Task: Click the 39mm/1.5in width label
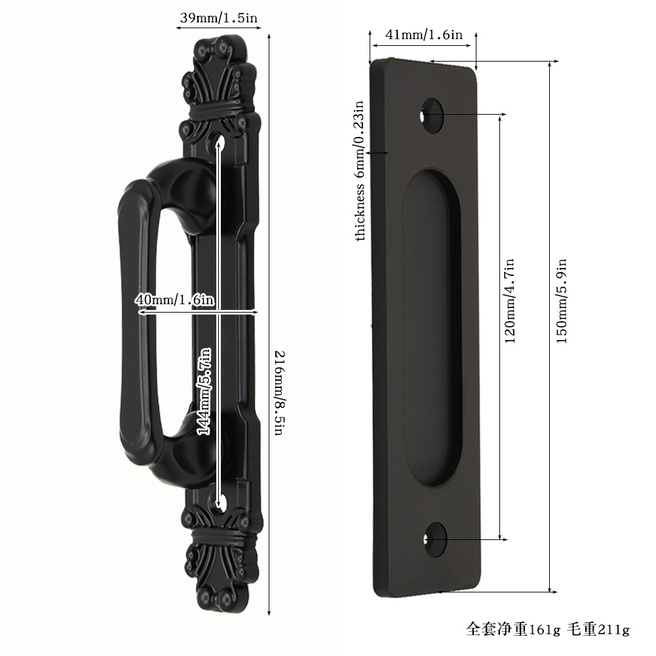tap(218, 18)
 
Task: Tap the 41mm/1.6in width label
tap(424, 35)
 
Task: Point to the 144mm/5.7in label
tap(204, 392)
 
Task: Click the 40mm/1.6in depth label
tap(175, 299)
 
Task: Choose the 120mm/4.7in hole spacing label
tap(509, 301)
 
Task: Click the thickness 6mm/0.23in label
tap(360, 170)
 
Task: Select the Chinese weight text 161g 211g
tap(548, 629)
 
